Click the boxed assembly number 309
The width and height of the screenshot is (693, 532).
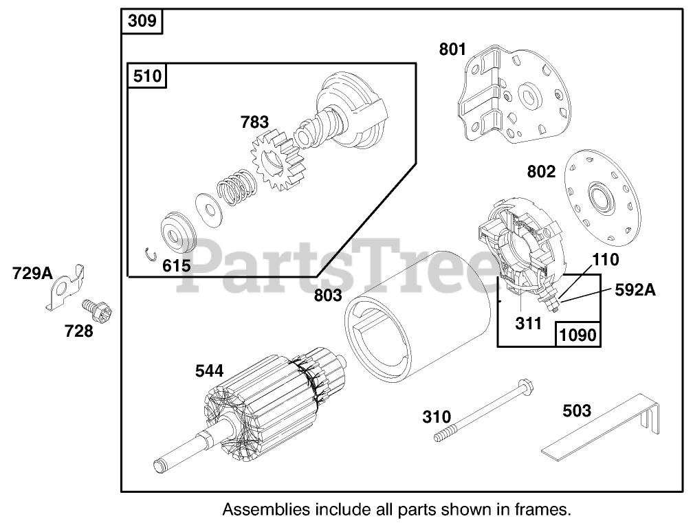coord(142,22)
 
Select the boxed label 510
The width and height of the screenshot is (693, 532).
coord(147,75)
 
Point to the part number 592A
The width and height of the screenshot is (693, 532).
coord(635,290)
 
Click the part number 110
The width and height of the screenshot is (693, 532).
coord(605,260)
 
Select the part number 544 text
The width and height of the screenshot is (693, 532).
coord(209,370)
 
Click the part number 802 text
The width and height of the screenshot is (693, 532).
coord(541,172)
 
